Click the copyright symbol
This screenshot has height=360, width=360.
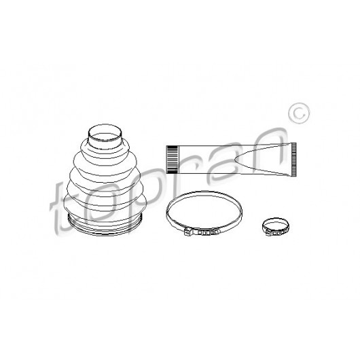point(299,113)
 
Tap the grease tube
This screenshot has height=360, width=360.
point(231,160)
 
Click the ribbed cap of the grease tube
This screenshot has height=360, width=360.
point(172,160)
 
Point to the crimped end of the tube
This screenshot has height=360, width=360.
point(293,160)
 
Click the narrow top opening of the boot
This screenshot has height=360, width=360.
point(105,133)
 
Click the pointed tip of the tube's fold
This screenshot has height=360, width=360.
point(236,160)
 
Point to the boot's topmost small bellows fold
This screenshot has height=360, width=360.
point(105,147)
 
